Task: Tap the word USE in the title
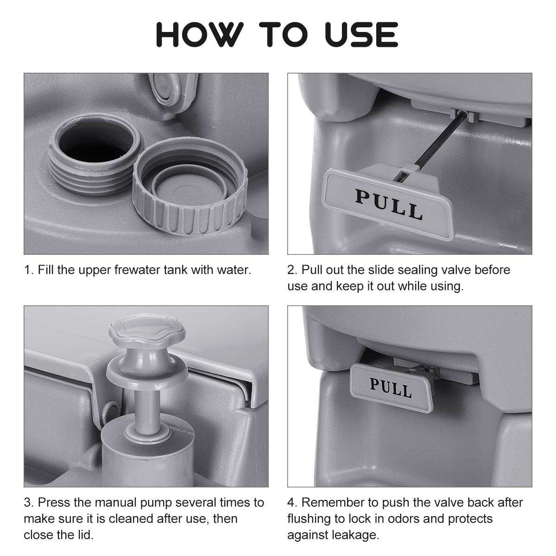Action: coord(361,34)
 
